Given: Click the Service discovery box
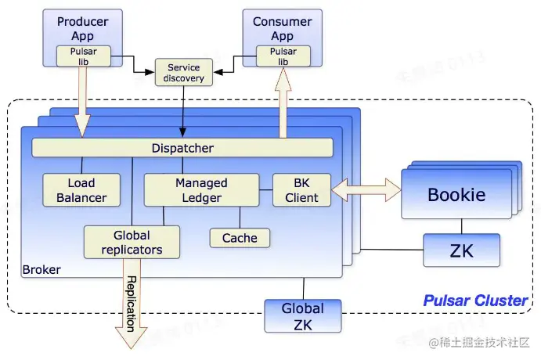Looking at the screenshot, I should click(x=185, y=73).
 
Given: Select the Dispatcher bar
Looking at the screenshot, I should click(x=182, y=148).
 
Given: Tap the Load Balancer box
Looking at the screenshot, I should click(x=81, y=190).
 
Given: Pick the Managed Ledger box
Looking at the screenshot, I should click(x=201, y=190).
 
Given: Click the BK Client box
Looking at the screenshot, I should click(x=301, y=190).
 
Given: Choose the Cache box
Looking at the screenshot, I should click(x=240, y=238).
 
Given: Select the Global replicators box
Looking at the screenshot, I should click(x=132, y=242).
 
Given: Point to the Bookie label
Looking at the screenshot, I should click(x=456, y=195).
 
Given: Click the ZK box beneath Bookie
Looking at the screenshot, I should click(x=461, y=250).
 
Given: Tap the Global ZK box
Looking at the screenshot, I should click(x=302, y=315).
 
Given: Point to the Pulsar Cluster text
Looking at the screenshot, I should click(x=475, y=301).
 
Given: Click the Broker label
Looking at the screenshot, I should click(x=41, y=270).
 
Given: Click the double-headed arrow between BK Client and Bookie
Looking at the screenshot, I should click(x=366, y=189).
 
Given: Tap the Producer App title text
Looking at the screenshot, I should click(x=82, y=29).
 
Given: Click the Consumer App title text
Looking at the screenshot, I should click(x=283, y=29).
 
